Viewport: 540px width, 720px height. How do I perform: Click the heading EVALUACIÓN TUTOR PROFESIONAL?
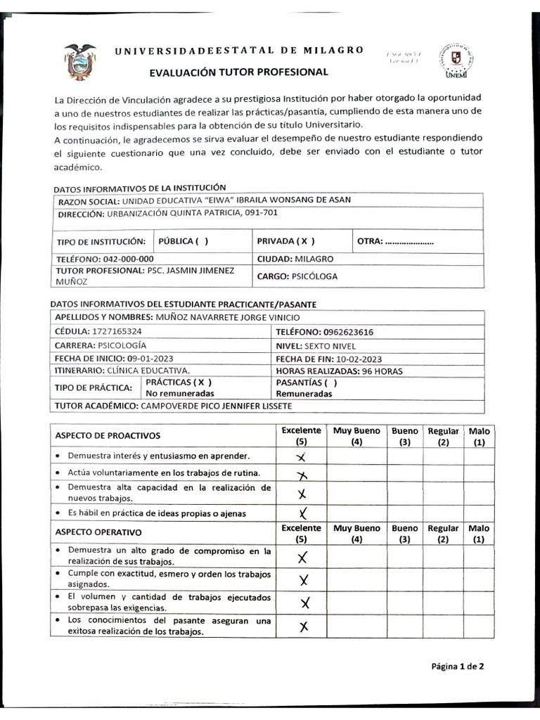(239, 72)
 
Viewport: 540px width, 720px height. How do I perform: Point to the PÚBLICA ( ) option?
(183, 241)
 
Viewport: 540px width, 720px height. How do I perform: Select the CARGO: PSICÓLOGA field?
(297, 276)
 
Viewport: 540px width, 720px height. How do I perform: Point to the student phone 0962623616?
(349, 331)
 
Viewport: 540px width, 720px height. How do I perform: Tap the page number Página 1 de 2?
(457, 667)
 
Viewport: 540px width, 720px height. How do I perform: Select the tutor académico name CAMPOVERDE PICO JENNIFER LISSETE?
(216, 406)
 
